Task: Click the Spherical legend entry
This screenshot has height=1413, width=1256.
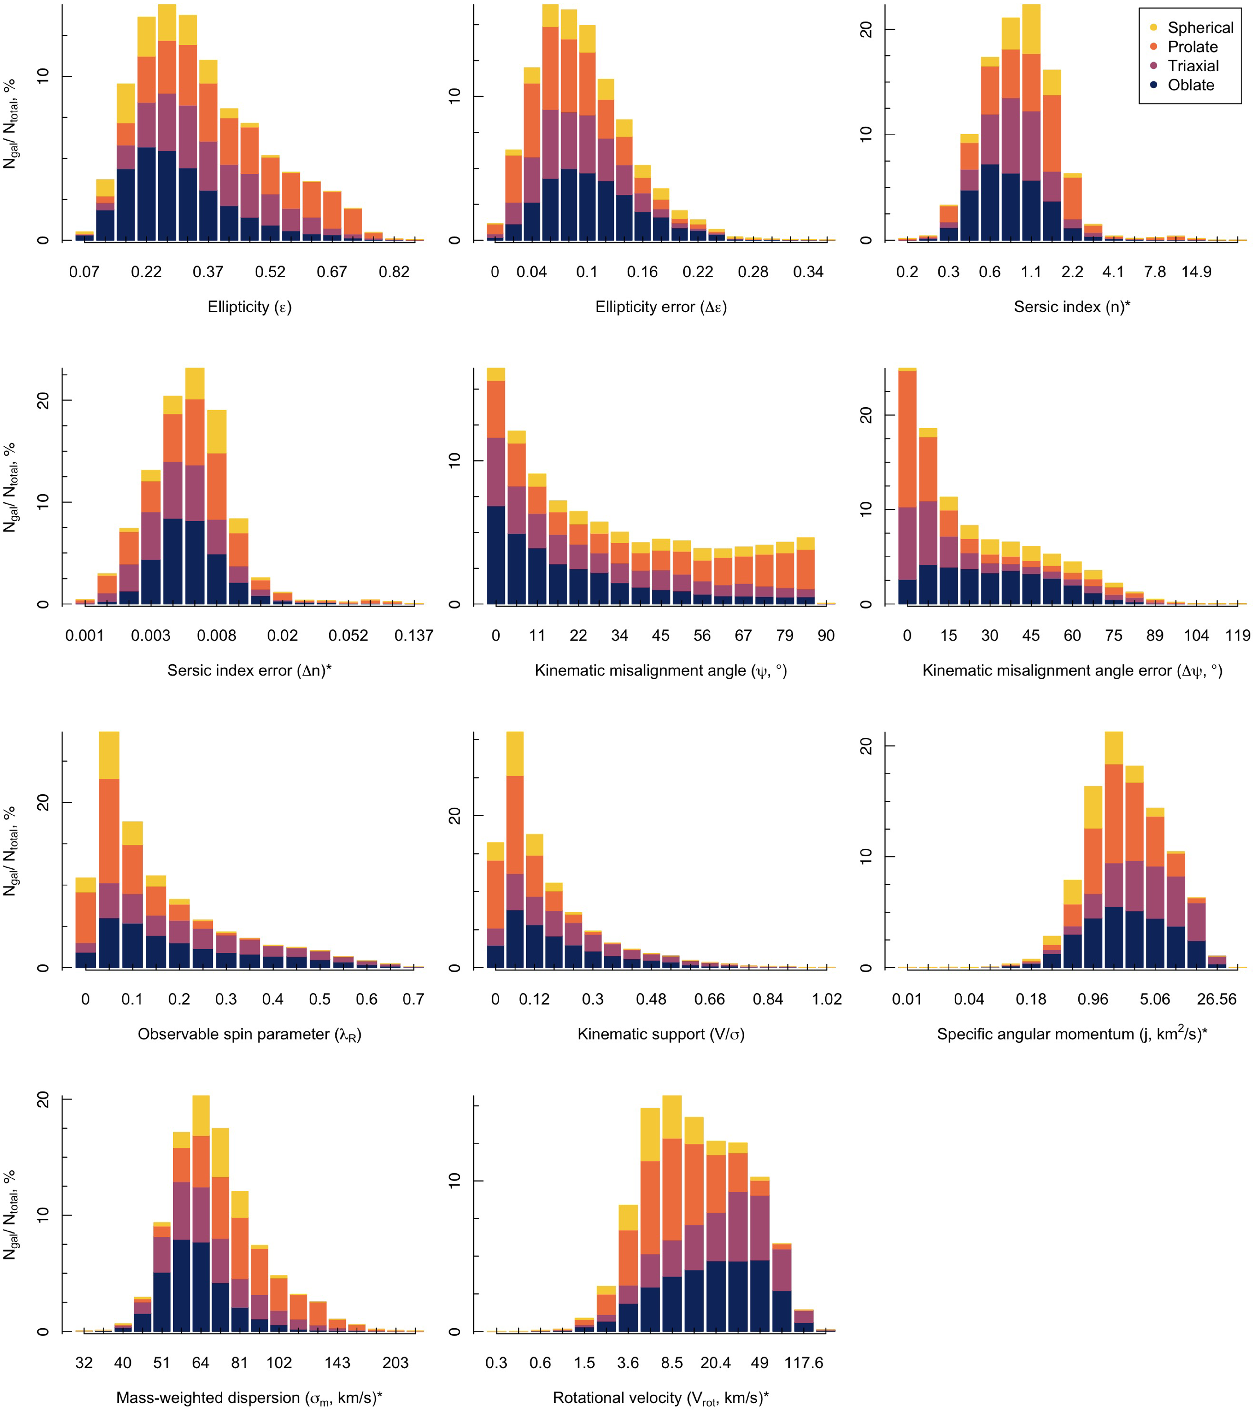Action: click(x=1200, y=28)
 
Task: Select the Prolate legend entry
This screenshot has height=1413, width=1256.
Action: click(x=1192, y=47)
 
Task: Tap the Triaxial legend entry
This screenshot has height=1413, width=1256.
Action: click(x=1193, y=66)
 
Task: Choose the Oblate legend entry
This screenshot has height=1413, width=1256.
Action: click(x=1190, y=85)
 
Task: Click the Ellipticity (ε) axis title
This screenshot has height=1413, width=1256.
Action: click(x=250, y=307)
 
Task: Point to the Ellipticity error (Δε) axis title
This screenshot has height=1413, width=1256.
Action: click(x=661, y=307)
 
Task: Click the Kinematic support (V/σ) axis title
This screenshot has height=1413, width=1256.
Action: click(x=661, y=1034)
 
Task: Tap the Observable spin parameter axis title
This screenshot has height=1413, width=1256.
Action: click(x=250, y=1034)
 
